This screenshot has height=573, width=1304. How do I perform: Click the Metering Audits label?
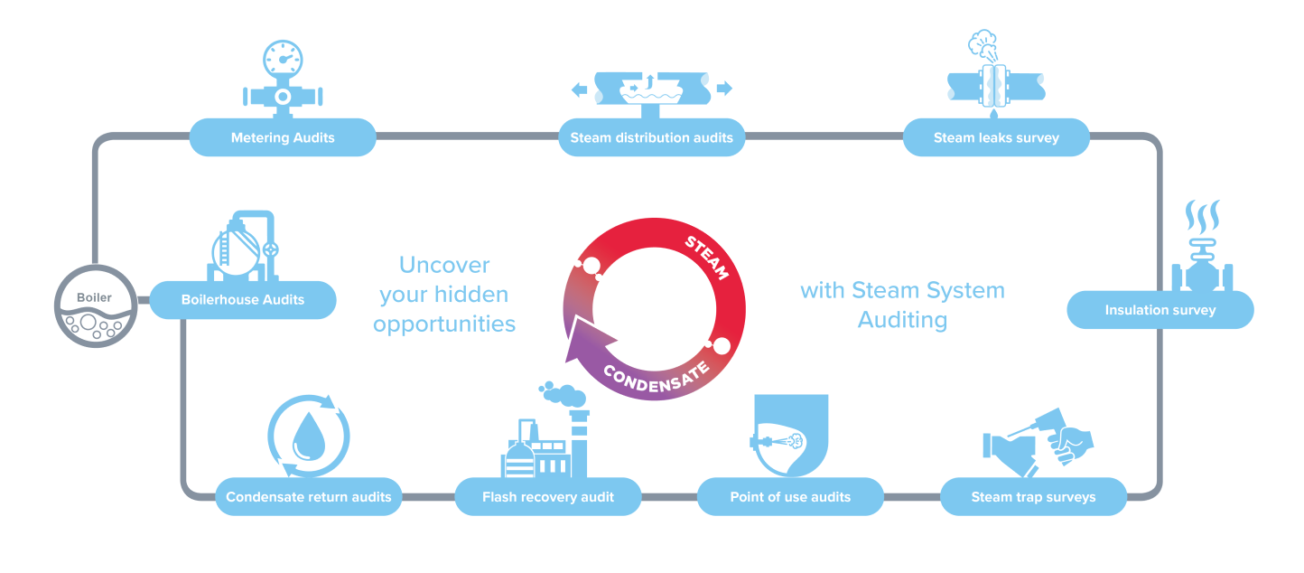point(283,138)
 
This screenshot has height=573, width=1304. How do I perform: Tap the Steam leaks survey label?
point(996,138)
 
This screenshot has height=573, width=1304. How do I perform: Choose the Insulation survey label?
point(1160,310)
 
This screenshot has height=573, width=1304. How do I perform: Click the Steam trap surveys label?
point(1033,497)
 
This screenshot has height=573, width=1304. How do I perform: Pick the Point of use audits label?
point(790,497)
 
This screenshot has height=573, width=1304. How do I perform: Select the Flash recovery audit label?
point(548,497)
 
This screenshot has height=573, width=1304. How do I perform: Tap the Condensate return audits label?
point(309,497)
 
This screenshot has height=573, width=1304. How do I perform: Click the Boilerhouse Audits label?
point(243,300)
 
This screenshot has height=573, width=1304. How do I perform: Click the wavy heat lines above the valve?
point(1202,217)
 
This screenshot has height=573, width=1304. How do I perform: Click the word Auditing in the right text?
point(902,320)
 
